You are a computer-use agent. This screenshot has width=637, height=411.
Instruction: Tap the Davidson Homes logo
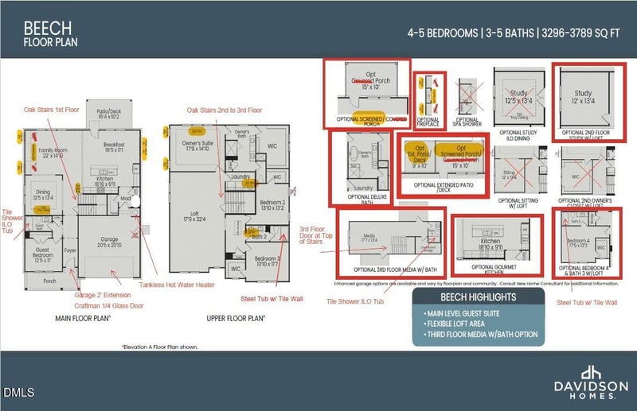point(589,379)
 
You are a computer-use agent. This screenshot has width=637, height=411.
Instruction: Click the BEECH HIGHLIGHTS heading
point(478,296)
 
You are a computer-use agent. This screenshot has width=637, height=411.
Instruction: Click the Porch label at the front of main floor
point(49,281)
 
